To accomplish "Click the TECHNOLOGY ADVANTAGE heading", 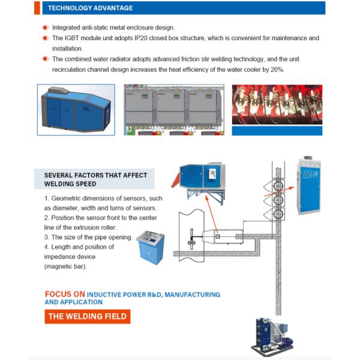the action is pos(90,8).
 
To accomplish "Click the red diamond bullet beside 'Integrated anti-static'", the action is pos(46,28).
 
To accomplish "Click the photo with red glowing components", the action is pos(277,106).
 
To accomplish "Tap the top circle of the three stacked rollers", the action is pos(277,184).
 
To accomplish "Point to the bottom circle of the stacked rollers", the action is pos(277,214).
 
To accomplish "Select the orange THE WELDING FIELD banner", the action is pos(87,317).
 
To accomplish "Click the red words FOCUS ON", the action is pos(65,295).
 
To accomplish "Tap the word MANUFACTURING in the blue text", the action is pos(192,295).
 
